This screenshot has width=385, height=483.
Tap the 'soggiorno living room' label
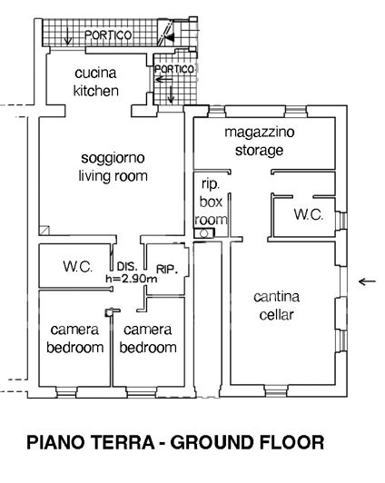(113, 167)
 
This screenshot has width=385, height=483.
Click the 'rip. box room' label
(211, 200)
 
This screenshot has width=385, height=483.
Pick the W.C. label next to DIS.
(76, 267)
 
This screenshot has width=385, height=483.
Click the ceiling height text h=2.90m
(132, 278)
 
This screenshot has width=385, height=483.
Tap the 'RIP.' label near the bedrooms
(166, 269)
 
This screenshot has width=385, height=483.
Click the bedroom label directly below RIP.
(149, 339)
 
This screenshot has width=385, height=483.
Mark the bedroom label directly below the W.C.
(74, 339)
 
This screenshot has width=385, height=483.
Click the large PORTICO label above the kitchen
(108, 34)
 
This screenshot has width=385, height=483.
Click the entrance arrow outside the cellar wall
(366, 282)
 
